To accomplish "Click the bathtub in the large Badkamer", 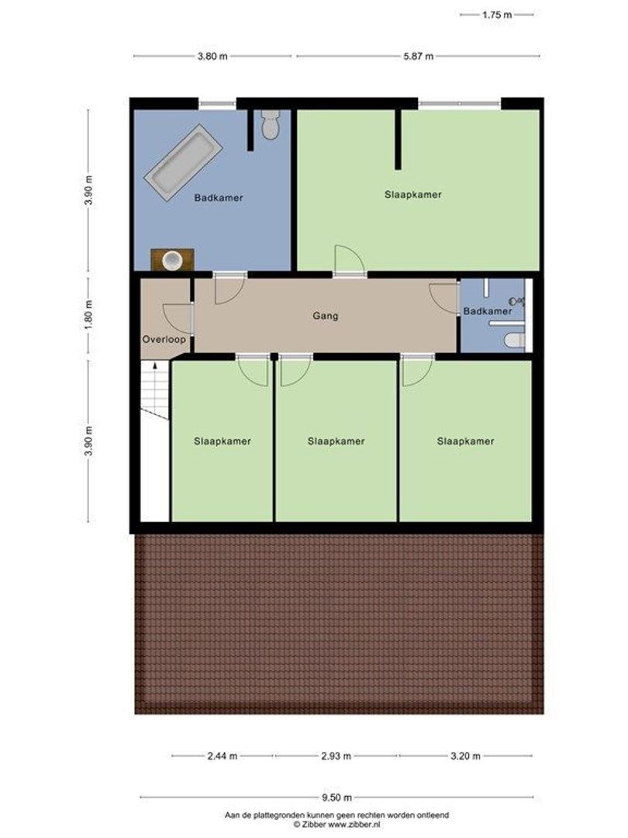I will click(x=184, y=164).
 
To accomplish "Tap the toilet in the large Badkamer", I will click(x=270, y=125).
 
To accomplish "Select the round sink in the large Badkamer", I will click(x=172, y=260).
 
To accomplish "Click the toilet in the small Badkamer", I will click(x=514, y=340).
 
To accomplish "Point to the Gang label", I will click(x=326, y=316).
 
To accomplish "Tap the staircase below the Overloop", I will click(x=155, y=392).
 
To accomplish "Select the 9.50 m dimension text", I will click(x=337, y=797).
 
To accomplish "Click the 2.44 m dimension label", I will click(x=223, y=756).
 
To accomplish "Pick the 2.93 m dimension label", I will click(x=336, y=756).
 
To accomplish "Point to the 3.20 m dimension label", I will click(x=465, y=756).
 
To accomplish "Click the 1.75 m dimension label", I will click(x=497, y=14).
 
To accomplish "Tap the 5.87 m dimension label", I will click(x=418, y=56).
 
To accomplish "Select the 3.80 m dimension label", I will click(x=212, y=56).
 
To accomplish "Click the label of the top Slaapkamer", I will click(x=413, y=195).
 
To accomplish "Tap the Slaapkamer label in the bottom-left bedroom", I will click(x=223, y=441).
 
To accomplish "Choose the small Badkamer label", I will click(x=488, y=311).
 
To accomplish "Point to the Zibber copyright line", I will click(x=336, y=825).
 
